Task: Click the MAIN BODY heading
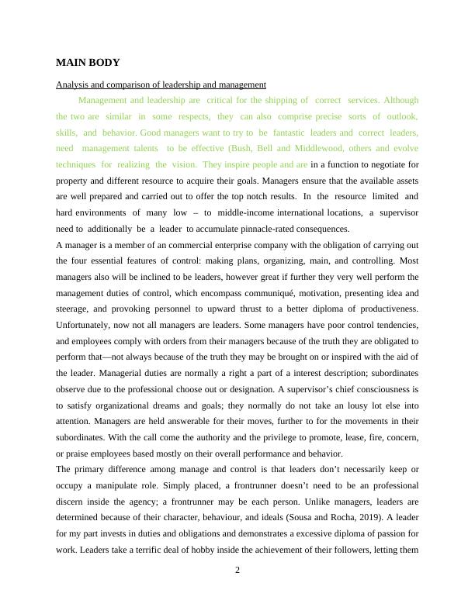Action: (88, 63)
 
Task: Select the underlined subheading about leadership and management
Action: (161, 85)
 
